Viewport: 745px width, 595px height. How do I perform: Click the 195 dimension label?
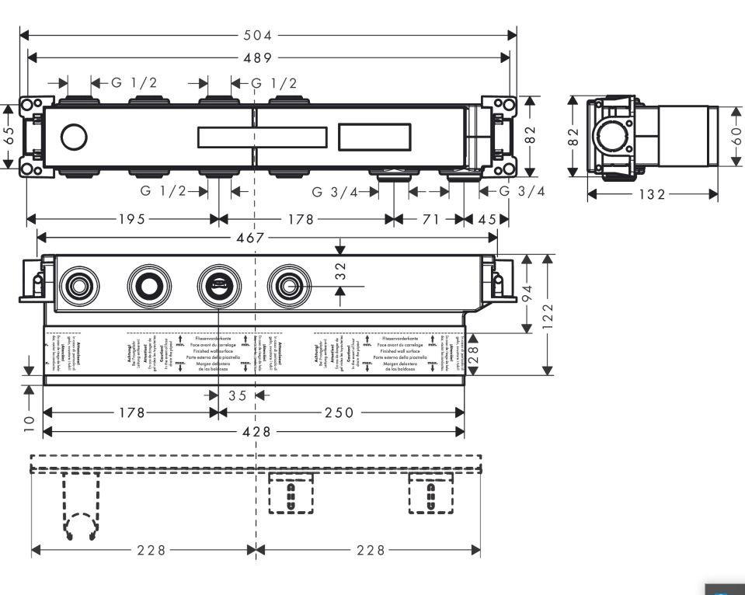pos(131,219)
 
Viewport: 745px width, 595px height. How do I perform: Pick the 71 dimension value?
pos(430,219)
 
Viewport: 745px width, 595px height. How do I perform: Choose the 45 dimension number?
pos(488,219)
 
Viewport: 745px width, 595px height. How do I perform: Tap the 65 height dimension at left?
pos(9,136)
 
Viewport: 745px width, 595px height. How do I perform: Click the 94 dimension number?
pos(528,294)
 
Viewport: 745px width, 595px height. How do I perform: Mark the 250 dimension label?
pos(339,412)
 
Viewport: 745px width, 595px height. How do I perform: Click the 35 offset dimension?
pos(238,395)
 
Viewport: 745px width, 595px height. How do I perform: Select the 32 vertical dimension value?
pos(341,271)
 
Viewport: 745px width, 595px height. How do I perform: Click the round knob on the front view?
pos(74,139)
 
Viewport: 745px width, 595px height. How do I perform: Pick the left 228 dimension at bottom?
pos(151,550)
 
